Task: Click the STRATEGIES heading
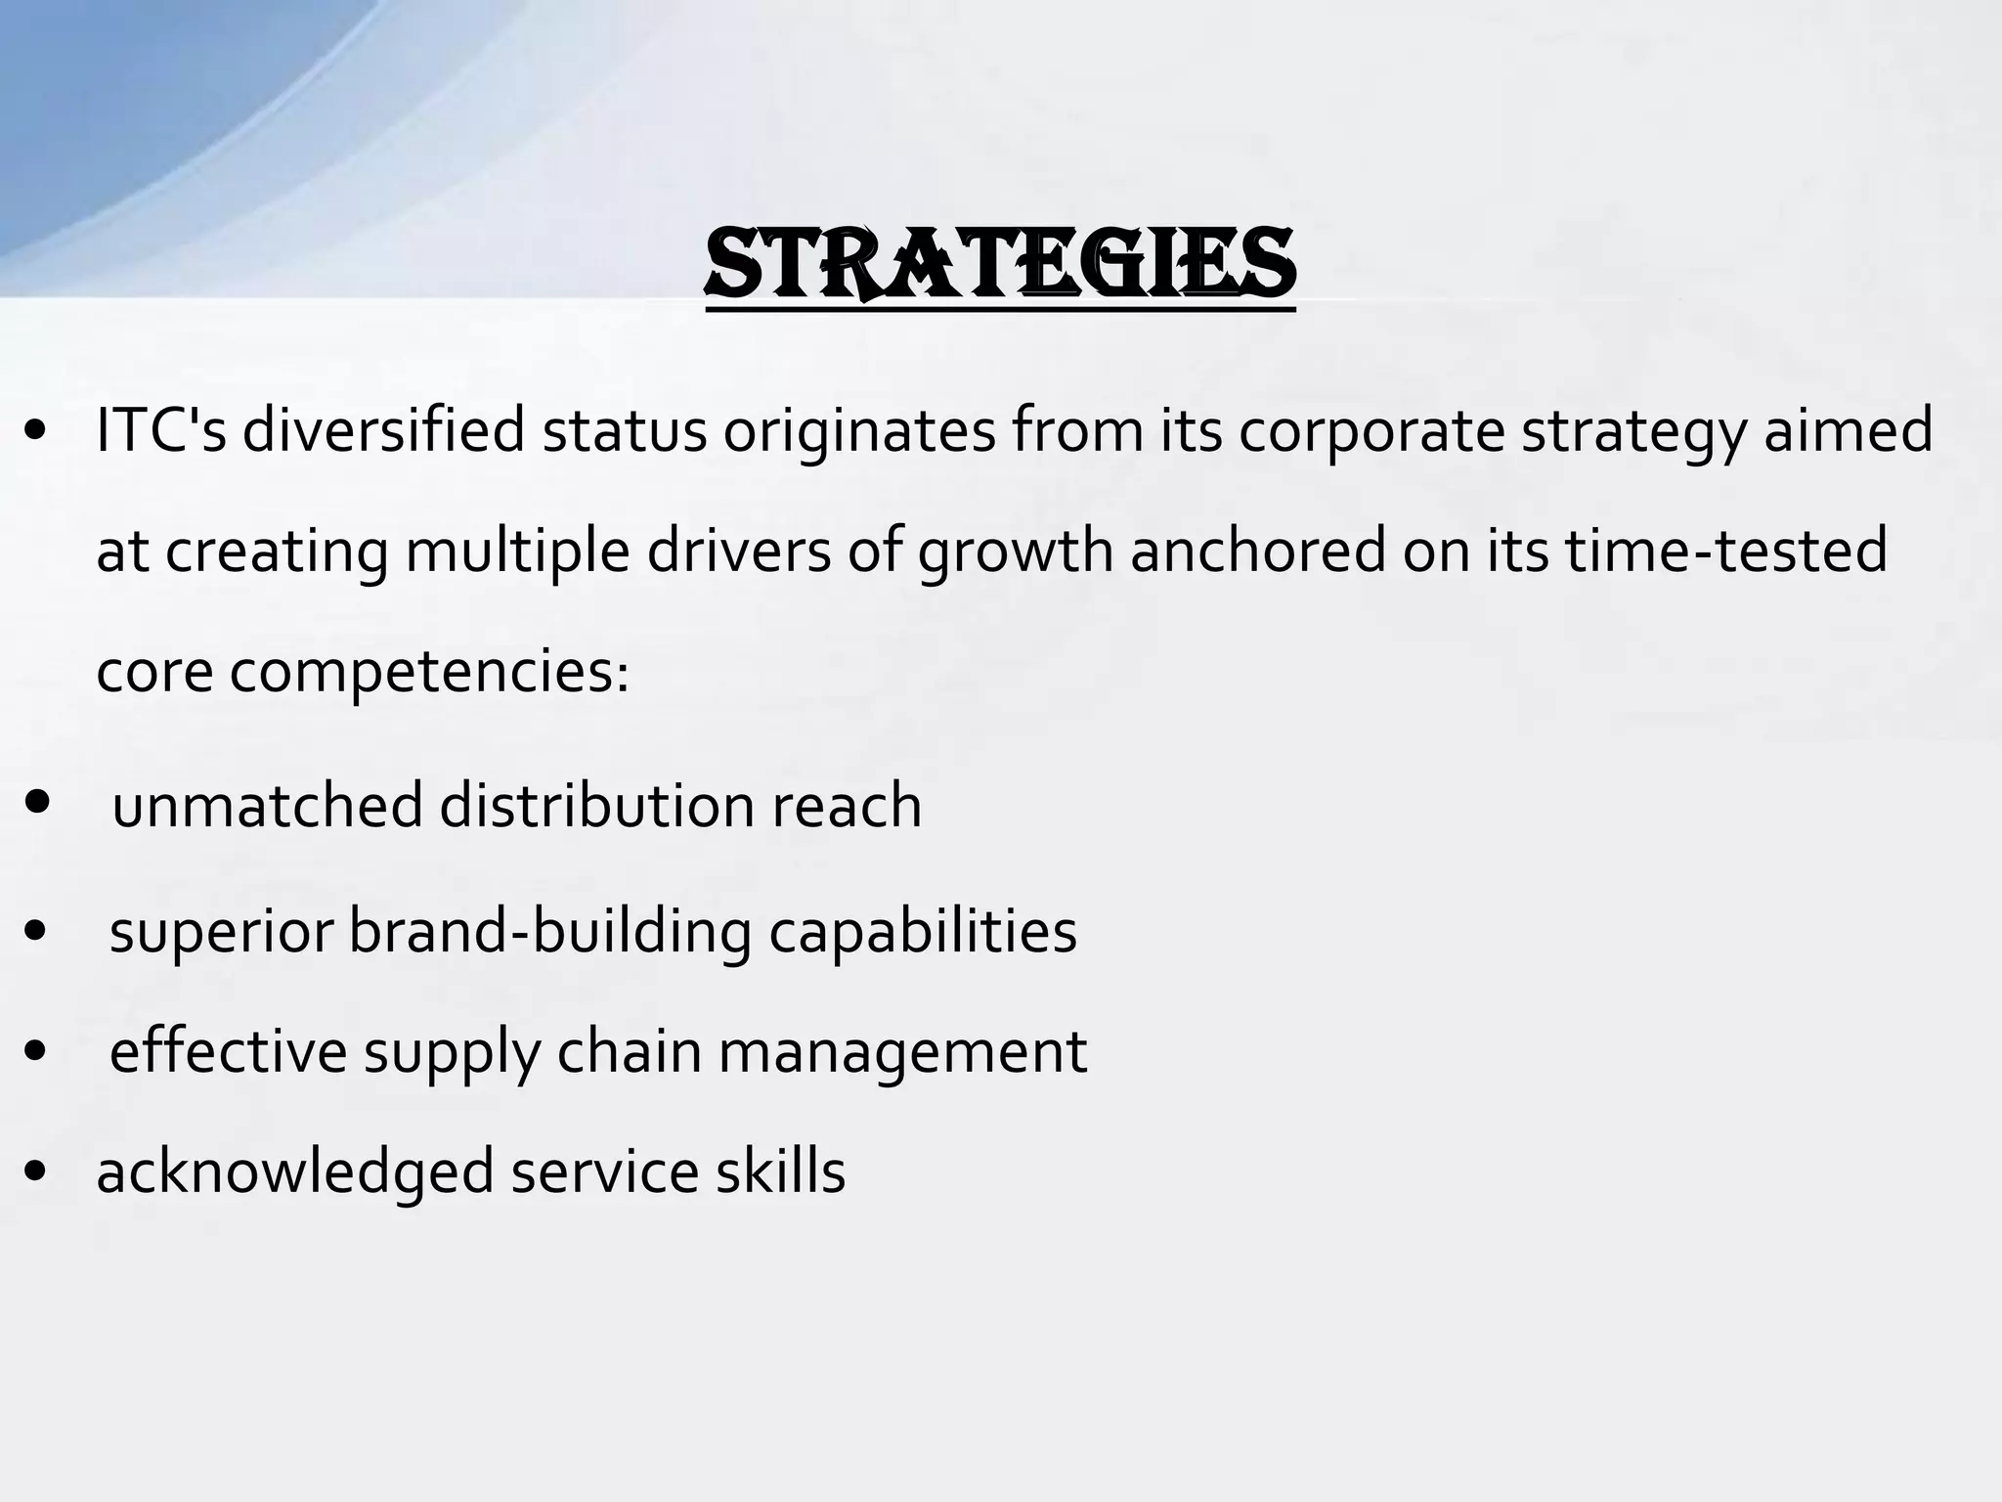coord(1000,262)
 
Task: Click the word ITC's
coord(161,430)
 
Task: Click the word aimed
coord(1848,430)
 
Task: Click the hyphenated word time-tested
coord(1725,551)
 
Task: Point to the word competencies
coord(429,674)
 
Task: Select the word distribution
coord(597,806)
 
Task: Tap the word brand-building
coord(550,931)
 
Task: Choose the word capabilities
coord(923,931)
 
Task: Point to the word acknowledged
coord(295,1172)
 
